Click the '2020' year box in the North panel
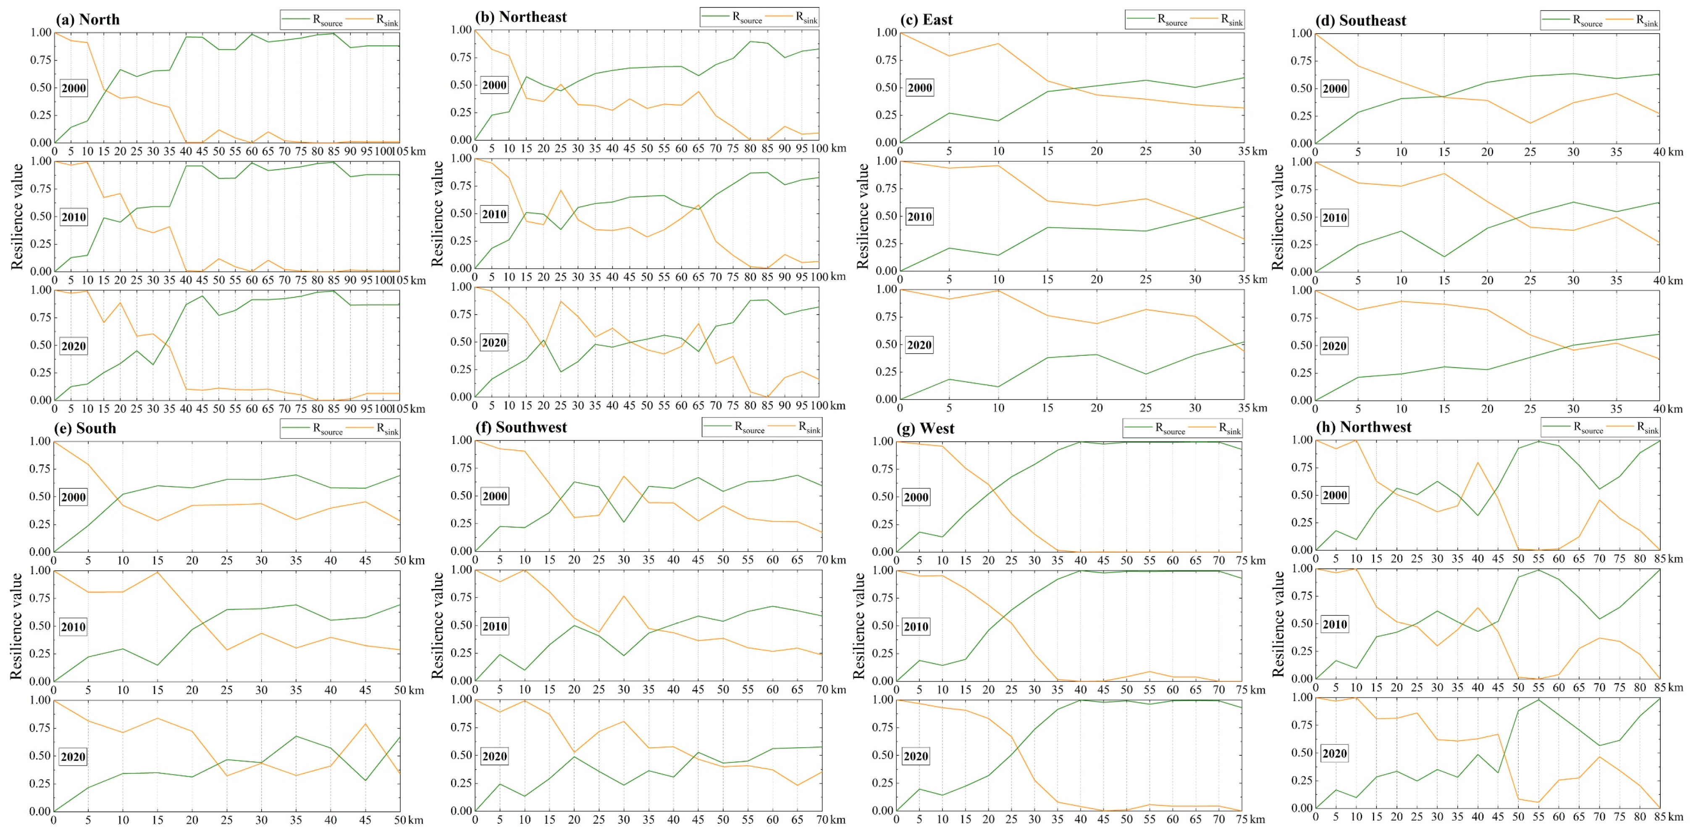point(73,346)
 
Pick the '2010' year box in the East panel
point(919,217)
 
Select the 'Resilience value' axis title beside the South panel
point(16,626)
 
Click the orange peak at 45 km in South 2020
point(365,724)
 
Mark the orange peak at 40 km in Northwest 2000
point(1478,462)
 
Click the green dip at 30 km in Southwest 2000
point(623,523)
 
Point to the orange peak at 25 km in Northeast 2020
point(561,301)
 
